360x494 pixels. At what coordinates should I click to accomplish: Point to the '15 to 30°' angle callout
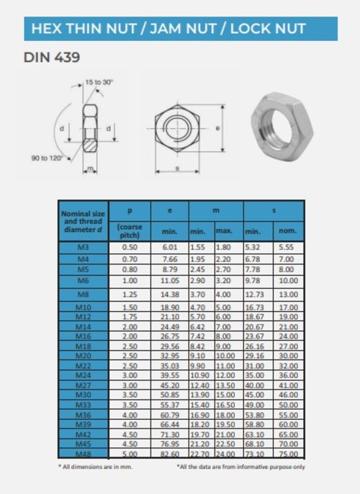(100, 83)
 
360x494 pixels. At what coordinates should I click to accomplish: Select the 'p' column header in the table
(129, 212)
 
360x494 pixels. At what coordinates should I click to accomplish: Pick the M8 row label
(83, 294)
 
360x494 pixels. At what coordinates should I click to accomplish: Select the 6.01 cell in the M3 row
(169, 247)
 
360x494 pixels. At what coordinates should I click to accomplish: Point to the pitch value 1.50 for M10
(129, 307)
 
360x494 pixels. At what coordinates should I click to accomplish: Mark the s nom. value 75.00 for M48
(287, 454)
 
